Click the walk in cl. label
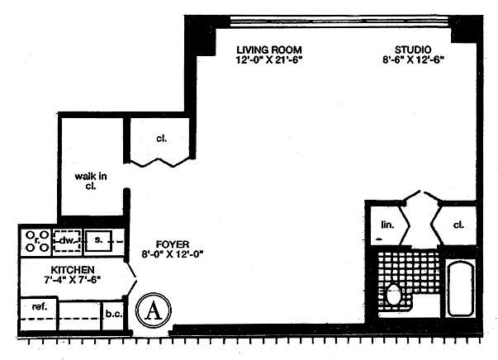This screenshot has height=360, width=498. (88, 181)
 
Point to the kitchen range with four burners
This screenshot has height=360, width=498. (36, 240)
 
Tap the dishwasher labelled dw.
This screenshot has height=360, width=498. (67, 240)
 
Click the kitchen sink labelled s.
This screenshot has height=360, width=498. (98, 240)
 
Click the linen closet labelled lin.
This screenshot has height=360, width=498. (386, 223)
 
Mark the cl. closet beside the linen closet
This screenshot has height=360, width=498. (459, 223)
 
